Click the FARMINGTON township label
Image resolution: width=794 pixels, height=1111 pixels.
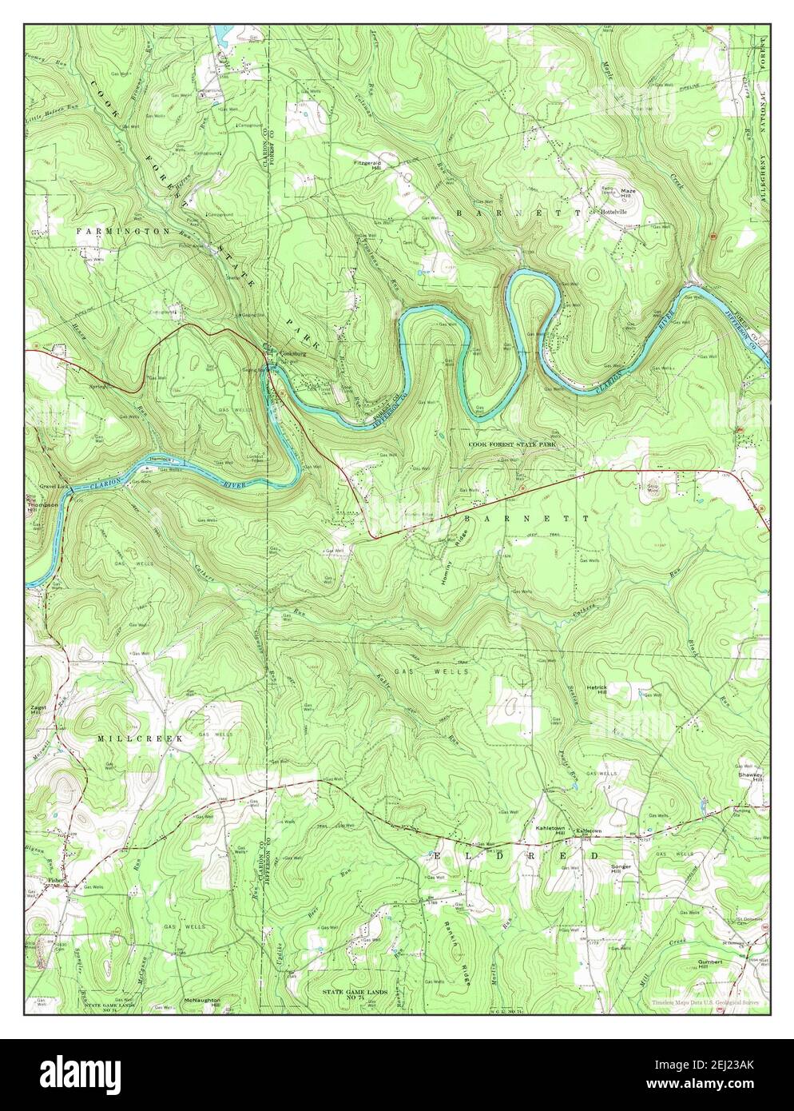coord(123,231)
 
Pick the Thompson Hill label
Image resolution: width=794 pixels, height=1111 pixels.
coord(42,508)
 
